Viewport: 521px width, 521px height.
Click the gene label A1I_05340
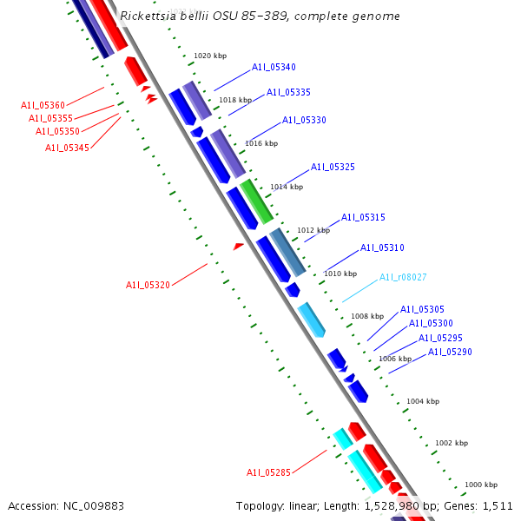tap(274, 68)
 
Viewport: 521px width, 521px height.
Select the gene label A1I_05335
tap(288, 93)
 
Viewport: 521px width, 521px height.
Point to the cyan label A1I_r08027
tap(403, 278)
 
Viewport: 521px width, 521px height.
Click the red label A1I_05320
tap(148, 285)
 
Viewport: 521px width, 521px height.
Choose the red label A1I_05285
tap(268, 473)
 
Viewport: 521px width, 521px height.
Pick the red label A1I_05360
tap(43, 106)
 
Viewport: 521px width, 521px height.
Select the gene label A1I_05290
tap(450, 353)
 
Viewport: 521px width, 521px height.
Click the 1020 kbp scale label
tap(209, 56)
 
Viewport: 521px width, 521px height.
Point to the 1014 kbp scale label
tap(287, 187)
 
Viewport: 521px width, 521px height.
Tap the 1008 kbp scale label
tap(366, 316)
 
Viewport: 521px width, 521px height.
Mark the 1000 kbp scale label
tap(481, 485)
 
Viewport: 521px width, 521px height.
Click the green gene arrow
tap(257, 201)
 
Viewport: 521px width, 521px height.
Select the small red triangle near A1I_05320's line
tap(238, 247)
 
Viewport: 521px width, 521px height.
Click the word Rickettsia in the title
tap(148, 16)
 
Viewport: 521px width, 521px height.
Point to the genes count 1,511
tap(498, 505)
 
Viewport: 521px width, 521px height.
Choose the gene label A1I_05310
tap(382, 248)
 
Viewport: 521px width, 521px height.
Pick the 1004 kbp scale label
tap(423, 401)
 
